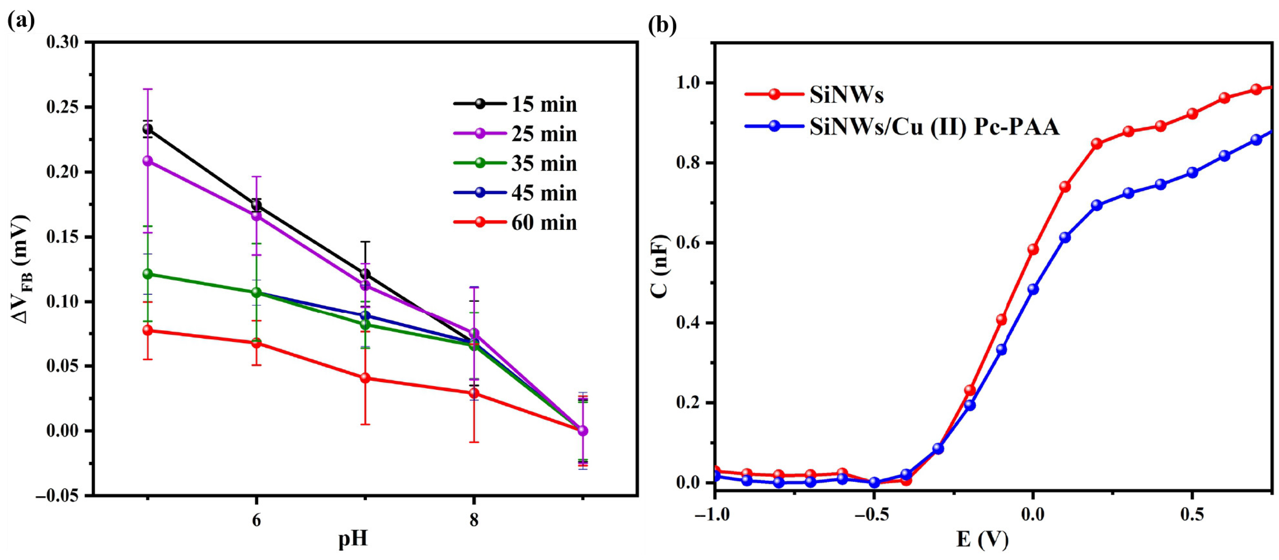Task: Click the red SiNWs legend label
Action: [846, 95]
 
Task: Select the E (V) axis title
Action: [982, 540]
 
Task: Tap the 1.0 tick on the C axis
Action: [687, 83]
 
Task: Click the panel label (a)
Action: [21, 21]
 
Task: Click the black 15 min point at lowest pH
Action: [147, 130]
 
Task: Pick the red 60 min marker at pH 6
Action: [256, 343]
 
